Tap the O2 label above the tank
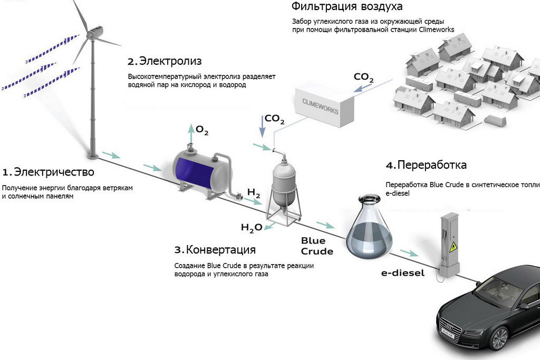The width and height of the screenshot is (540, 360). (x=202, y=130)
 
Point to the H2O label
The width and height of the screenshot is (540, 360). (x=252, y=228)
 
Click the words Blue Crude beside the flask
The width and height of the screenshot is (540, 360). (x=317, y=246)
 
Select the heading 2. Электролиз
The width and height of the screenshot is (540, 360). (x=165, y=61)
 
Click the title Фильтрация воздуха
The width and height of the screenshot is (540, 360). (x=347, y=7)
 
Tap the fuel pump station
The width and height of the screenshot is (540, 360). (x=449, y=245)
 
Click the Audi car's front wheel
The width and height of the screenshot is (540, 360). (x=498, y=338)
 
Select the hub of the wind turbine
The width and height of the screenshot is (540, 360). (x=94, y=33)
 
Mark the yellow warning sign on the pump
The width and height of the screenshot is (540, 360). (x=451, y=247)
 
